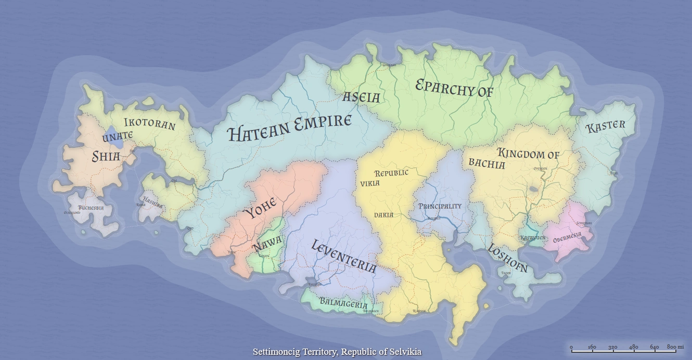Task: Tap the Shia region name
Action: (x=106, y=156)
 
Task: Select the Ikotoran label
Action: (x=149, y=125)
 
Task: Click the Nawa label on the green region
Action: (x=267, y=242)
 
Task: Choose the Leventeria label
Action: (x=343, y=256)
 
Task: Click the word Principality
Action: (x=440, y=206)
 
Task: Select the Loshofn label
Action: (x=507, y=258)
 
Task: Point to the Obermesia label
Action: (x=567, y=238)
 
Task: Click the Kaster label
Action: (x=606, y=127)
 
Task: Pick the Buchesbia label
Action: (x=91, y=208)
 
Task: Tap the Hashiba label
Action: (x=152, y=201)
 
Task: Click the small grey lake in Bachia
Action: (x=534, y=190)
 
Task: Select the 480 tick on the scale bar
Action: (x=633, y=347)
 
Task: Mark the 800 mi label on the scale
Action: (x=675, y=347)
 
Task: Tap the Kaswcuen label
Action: (x=532, y=238)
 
